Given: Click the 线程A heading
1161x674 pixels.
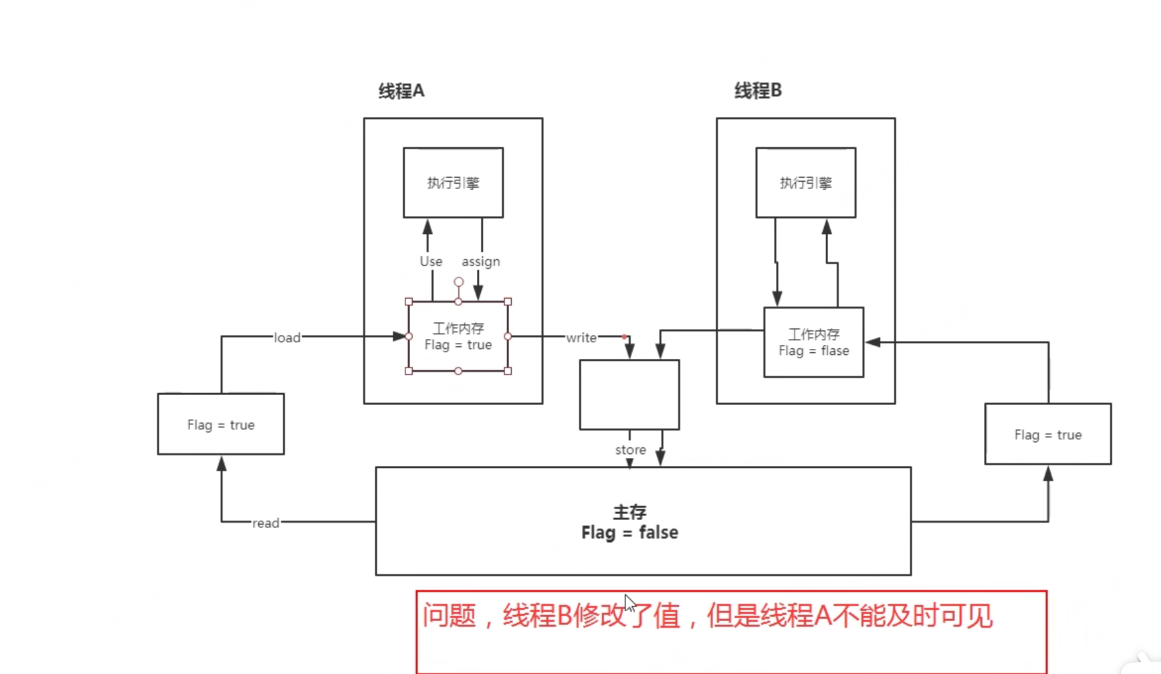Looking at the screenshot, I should [401, 91].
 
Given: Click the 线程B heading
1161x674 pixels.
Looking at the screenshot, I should [757, 91].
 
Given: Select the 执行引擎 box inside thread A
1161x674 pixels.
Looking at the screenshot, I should [453, 182].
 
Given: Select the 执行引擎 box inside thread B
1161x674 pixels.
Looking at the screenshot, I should [806, 182].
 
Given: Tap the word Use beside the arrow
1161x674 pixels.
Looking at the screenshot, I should [431, 262].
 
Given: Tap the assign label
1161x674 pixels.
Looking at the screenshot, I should [481, 262].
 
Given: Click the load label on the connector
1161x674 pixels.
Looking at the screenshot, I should [287, 338].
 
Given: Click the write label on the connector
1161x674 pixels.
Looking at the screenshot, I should [581, 338].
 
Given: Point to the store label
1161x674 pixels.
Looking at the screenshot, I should [631, 450].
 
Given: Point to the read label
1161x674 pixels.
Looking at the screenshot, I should [265, 523].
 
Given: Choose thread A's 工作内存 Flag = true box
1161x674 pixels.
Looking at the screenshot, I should [458, 336].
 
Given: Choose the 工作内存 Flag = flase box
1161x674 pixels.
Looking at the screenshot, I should [814, 342].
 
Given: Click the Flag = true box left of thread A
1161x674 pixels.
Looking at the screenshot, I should [221, 424].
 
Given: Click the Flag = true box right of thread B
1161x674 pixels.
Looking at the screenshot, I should [1047, 434].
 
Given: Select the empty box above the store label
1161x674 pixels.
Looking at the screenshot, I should [629, 394].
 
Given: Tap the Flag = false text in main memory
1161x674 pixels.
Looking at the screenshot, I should [629, 533].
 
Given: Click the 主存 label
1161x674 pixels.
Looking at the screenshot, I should [629, 512].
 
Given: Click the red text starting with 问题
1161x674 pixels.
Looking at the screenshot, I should [707, 616].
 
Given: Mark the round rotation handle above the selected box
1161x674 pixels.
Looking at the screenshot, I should [458, 282].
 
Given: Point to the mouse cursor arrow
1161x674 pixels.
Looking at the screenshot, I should [629, 603].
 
